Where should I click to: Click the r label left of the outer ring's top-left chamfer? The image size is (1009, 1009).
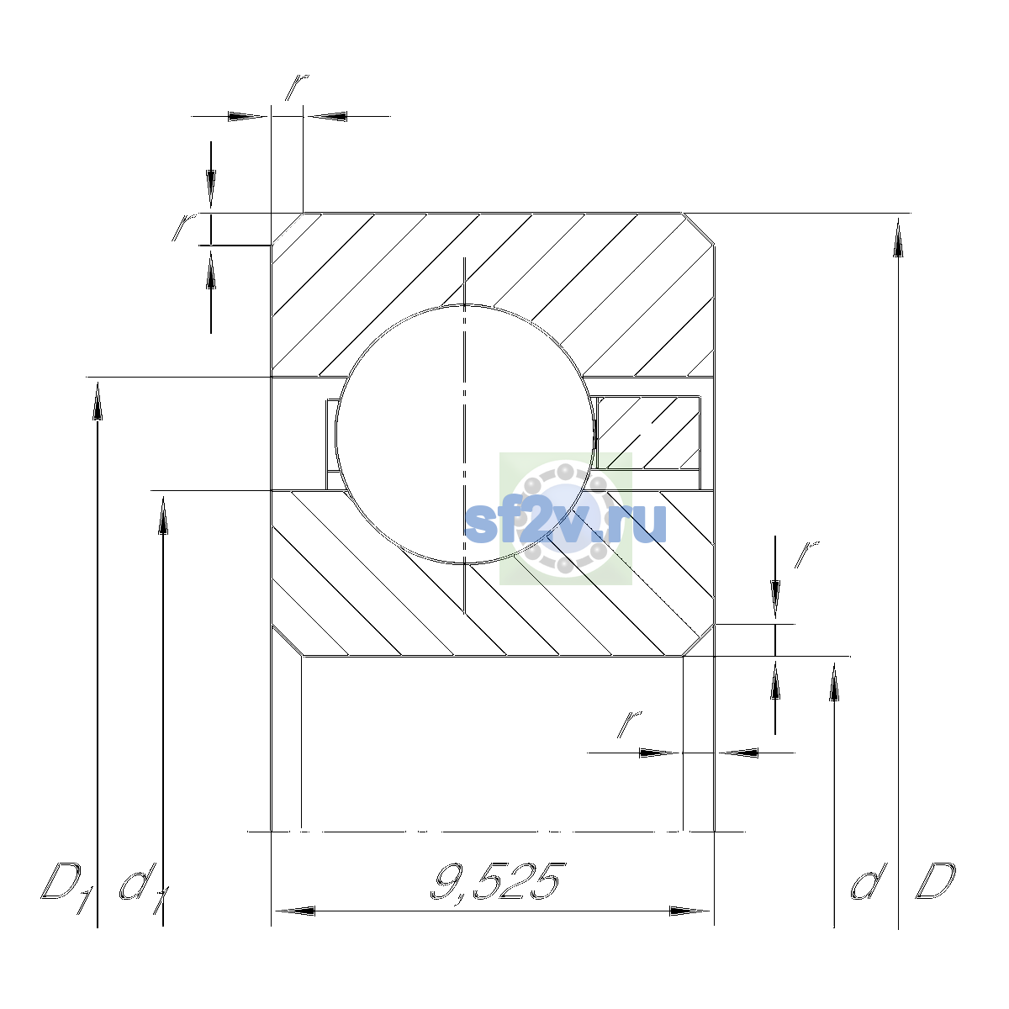pyautogui.click(x=184, y=227)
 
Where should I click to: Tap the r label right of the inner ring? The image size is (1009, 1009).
pyautogui.click(x=806, y=554)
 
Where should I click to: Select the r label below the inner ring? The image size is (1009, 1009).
pyautogui.click(x=630, y=724)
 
